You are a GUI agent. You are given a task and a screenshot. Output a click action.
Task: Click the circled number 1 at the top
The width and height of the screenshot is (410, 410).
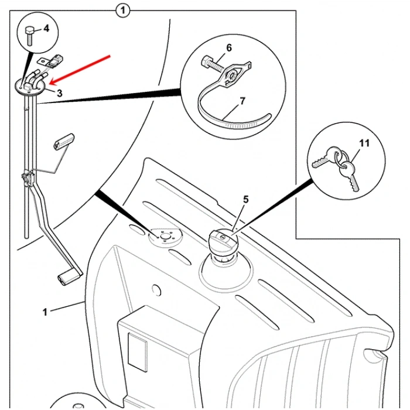[122, 10]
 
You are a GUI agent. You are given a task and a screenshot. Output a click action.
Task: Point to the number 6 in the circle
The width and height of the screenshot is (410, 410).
[229, 47]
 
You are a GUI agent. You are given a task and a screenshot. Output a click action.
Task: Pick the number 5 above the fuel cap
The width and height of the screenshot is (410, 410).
[246, 200]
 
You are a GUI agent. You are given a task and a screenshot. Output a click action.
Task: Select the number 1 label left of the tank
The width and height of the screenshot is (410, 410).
[45, 312]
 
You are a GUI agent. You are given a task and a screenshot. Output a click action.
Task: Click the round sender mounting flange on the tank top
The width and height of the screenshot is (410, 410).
[165, 237]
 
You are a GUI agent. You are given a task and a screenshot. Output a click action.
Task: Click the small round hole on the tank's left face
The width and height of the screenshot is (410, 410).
[156, 290]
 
